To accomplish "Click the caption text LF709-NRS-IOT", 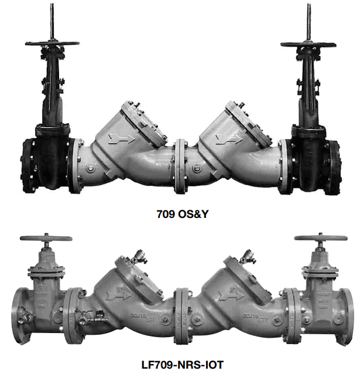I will click(x=181, y=366).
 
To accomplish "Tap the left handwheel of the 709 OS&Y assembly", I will click(x=52, y=44).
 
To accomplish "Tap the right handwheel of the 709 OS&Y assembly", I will click(x=308, y=44).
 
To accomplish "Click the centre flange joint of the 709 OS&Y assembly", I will click(x=181, y=165).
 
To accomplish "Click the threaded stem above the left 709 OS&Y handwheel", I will click(x=53, y=20).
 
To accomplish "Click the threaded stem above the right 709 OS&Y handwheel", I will click(x=308, y=20).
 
